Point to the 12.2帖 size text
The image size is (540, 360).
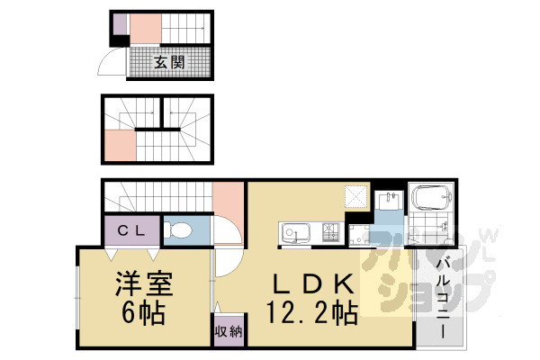311,313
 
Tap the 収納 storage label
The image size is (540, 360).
227,331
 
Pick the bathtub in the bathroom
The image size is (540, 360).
429,198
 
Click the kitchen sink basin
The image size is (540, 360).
293,236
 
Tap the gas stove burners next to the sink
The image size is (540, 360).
329,235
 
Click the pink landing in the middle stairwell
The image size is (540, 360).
120,145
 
